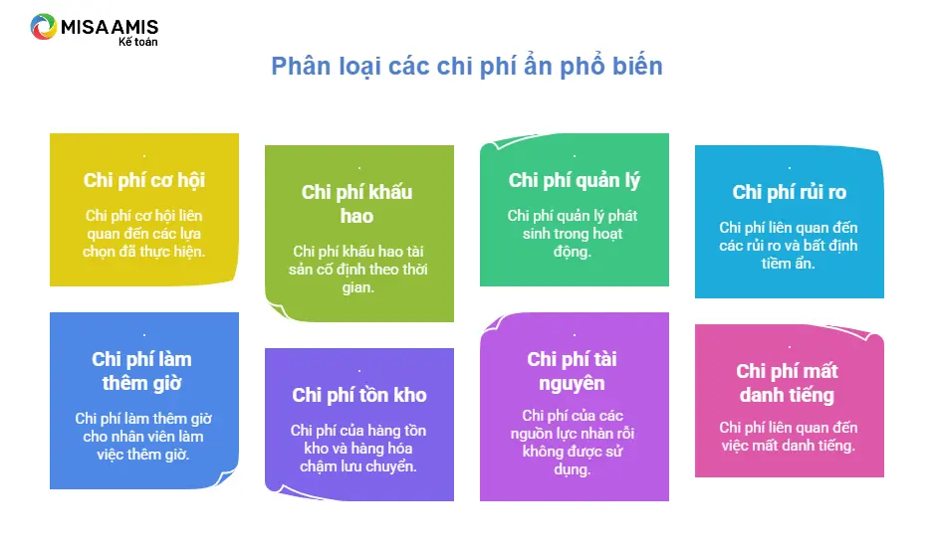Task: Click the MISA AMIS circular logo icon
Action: tap(44, 27)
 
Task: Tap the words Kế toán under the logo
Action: tap(137, 42)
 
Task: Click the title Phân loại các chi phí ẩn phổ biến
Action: tap(466, 66)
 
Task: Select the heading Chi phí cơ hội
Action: tap(144, 180)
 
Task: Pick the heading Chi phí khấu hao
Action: tap(356, 204)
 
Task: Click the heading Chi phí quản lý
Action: tap(575, 180)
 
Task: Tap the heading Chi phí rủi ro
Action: tap(790, 192)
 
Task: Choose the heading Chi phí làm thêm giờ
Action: tap(141, 371)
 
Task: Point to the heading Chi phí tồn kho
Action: tap(359, 395)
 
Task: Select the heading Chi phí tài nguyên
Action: tap(572, 371)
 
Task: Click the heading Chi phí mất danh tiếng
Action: tap(787, 383)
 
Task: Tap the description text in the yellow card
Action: tap(143, 233)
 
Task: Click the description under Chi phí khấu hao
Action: tap(358, 269)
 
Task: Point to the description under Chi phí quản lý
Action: tap(573, 233)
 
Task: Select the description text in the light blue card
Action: tap(788, 245)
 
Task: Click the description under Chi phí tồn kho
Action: tap(358, 448)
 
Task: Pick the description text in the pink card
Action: tap(788, 436)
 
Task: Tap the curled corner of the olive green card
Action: tap(280, 309)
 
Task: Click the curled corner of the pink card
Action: tap(865, 334)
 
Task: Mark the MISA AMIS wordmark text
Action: tap(110, 27)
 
